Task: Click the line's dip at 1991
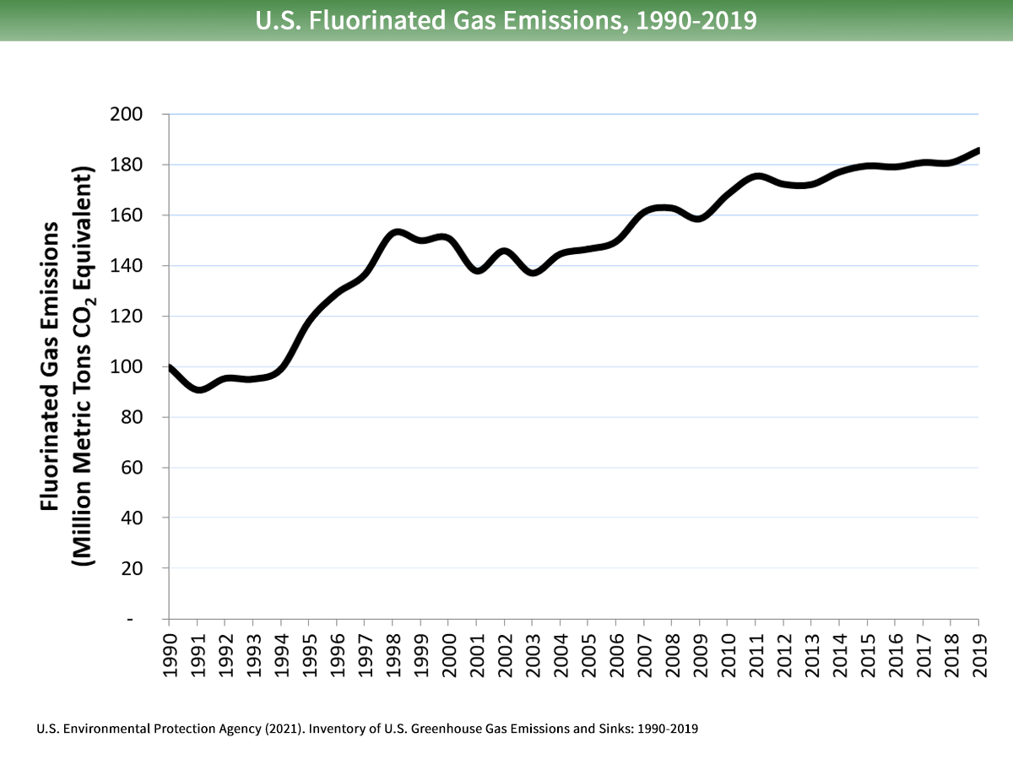coord(198,389)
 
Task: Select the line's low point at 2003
coord(533,273)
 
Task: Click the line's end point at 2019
coord(978,150)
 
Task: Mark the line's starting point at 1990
coord(170,367)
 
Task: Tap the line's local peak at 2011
coord(756,176)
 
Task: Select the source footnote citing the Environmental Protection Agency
coord(367,728)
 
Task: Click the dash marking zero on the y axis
coord(130,620)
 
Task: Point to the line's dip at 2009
coord(700,218)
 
